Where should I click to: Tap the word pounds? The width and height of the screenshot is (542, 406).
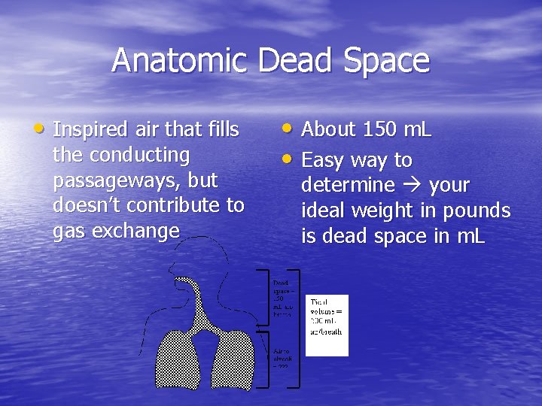(478, 211)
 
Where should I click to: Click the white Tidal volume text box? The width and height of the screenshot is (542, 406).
(327, 325)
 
